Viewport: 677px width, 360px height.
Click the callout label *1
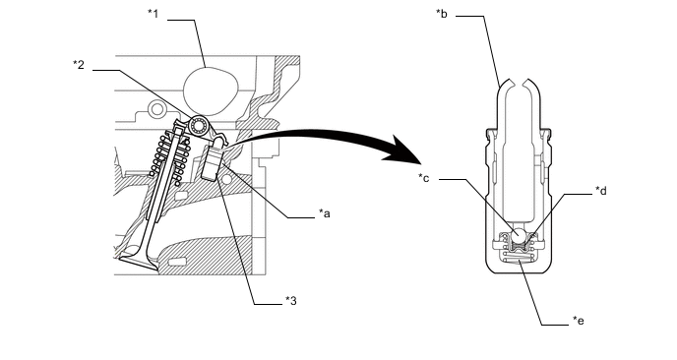(154, 14)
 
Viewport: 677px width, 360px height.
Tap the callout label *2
(79, 65)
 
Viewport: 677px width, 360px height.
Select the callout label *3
(291, 300)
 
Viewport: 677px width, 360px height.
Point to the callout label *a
(325, 213)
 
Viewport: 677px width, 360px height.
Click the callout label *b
(442, 14)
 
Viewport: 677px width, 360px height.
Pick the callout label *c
(424, 178)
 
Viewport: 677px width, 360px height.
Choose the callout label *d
(601, 191)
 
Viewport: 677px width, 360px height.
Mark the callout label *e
(579, 321)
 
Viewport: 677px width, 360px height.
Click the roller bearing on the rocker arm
(199, 125)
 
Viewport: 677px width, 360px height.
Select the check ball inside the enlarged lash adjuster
(519, 235)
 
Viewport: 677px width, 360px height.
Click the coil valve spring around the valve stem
(169, 157)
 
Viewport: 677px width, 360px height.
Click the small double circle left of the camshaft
(156, 109)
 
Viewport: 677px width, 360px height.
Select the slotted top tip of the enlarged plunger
(519, 85)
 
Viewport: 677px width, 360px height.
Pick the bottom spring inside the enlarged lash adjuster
(519, 258)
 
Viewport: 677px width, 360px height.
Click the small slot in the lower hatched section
(176, 262)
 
